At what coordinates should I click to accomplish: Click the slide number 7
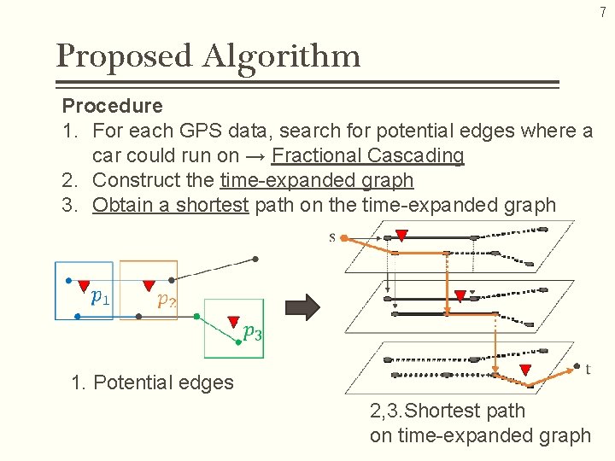tap(602, 12)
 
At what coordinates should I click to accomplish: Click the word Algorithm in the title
tap(281, 57)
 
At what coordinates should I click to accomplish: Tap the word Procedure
tap(112, 106)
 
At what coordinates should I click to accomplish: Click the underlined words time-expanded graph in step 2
tap(317, 180)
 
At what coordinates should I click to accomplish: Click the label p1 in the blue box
tap(100, 297)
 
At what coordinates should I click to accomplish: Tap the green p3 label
tap(252, 333)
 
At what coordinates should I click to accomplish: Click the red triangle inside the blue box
tap(84, 285)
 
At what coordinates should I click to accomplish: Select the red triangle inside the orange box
tap(149, 285)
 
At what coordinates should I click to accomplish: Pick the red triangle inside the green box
tap(233, 322)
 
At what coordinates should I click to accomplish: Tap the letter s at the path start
tap(332, 237)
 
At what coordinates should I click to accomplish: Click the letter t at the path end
tap(588, 369)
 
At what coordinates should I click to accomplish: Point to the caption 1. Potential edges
tap(152, 382)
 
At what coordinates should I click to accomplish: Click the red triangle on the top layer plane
tap(401, 235)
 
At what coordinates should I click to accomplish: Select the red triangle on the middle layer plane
tap(460, 296)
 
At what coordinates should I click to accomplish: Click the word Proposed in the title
tap(125, 57)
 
